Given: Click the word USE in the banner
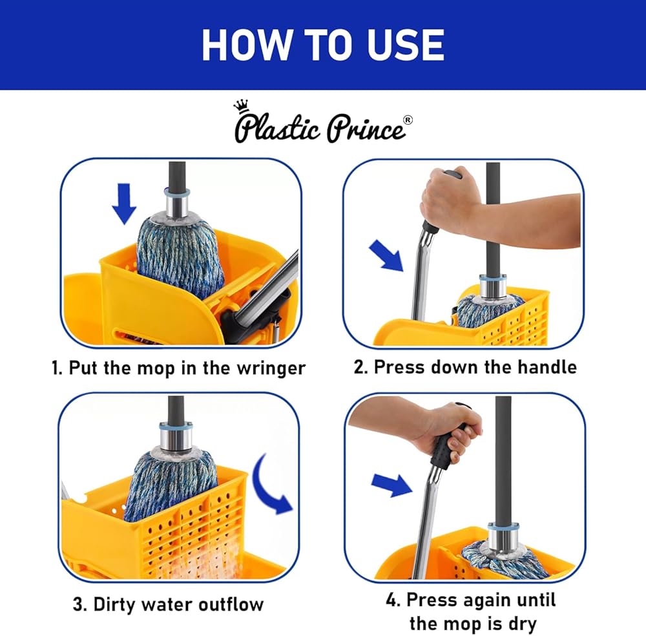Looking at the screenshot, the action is click(406, 45).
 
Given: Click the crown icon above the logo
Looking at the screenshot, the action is click(241, 107).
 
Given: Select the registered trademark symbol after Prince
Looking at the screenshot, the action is click(407, 120).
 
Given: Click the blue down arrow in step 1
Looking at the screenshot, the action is click(124, 204).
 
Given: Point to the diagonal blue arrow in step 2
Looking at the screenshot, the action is click(386, 255).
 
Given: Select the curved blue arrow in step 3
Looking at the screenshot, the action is click(270, 484).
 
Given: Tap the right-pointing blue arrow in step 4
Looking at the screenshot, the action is click(391, 485).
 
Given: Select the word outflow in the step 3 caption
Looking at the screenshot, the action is click(231, 604).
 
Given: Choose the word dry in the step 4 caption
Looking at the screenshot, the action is click(523, 624).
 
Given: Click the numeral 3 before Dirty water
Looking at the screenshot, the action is click(78, 605).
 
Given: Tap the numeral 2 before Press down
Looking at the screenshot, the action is click(359, 367).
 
